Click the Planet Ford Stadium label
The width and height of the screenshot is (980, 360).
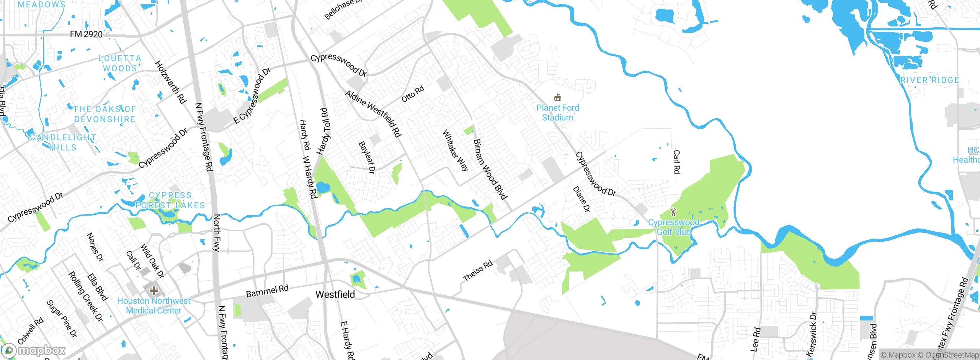[557, 113]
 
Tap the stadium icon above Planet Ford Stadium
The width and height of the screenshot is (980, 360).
[558, 97]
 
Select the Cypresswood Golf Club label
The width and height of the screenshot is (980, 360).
[673, 227]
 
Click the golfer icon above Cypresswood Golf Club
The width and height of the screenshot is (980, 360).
[673, 211]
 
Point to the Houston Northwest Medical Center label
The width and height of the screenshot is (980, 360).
[154, 306]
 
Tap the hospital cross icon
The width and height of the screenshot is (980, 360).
[154, 290]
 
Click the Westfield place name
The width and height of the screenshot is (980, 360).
[335, 294]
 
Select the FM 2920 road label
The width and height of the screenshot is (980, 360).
[86, 34]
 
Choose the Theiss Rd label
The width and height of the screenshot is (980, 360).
[477, 271]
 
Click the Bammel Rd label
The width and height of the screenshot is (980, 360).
[267, 291]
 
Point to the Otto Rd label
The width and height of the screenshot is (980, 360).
[413, 94]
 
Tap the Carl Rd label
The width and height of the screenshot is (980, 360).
[676, 162]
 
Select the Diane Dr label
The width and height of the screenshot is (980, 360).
[581, 199]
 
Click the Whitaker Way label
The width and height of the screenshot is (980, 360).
[455, 150]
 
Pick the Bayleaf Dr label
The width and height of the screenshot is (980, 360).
[366, 157]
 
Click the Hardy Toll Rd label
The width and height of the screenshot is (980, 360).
[324, 131]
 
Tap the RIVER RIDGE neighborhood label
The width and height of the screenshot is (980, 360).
[930, 80]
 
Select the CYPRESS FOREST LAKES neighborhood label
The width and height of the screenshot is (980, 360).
[170, 200]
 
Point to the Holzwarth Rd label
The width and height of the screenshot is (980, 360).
[170, 82]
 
